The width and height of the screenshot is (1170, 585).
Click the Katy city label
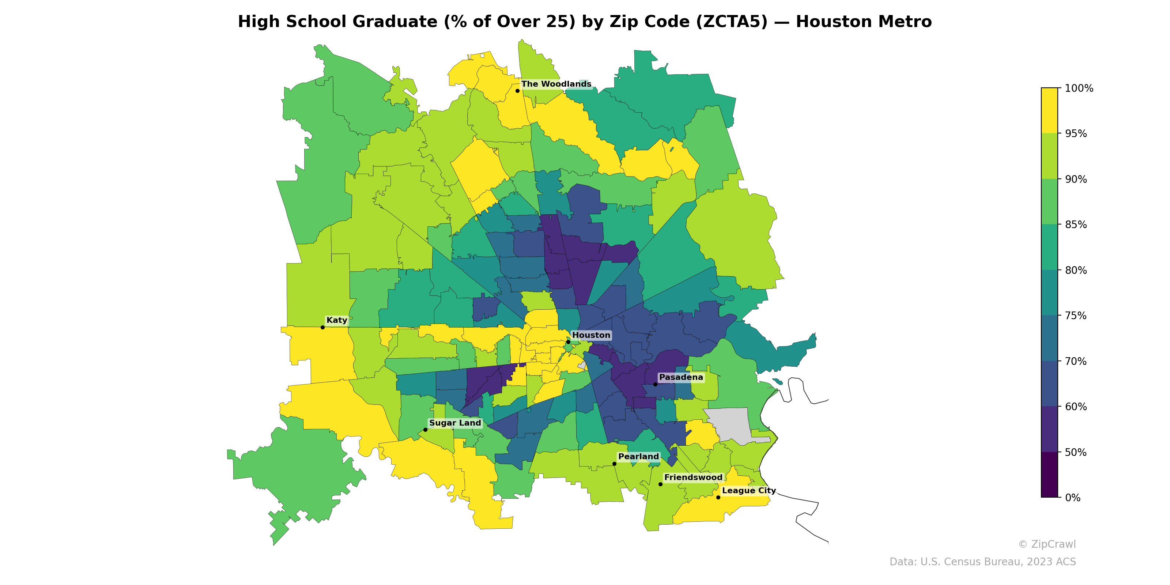click(x=336, y=320)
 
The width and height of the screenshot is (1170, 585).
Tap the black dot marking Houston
click(x=568, y=342)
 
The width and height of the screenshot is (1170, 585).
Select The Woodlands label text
click(x=556, y=84)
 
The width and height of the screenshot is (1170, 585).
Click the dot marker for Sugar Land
click(x=425, y=430)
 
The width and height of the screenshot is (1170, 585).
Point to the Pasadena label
click(x=681, y=377)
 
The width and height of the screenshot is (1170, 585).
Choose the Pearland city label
click(x=638, y=456)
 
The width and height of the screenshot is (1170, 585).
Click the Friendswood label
click(x=693, y=478)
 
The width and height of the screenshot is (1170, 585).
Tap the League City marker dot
click(x=718, y=497)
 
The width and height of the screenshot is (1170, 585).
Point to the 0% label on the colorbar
click(x=1072, y=498)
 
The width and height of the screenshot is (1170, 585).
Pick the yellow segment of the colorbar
click(x=1049, y=110)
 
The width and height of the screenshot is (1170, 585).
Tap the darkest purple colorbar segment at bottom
click(x=1049, y=475)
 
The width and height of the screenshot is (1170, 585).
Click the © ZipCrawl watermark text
click(x=1047, y=544)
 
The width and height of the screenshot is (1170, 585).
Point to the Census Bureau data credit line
click(x=982, y=562)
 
